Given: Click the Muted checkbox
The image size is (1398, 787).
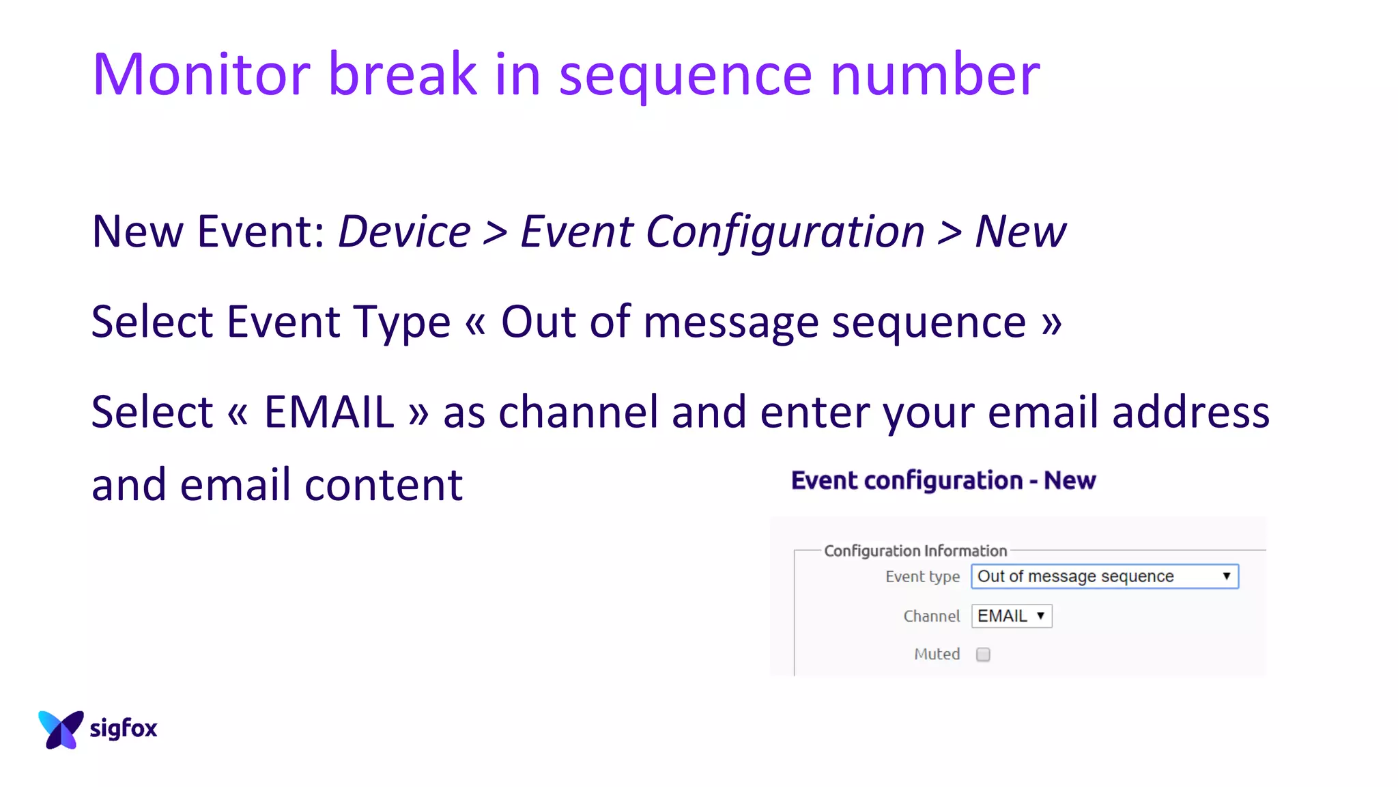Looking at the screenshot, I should [983, 654].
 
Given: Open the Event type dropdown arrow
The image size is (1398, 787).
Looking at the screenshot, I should [1226, 576].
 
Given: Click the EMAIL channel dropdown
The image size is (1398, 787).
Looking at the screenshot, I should [1011, 616].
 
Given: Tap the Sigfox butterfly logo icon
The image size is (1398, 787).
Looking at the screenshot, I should [61, 729].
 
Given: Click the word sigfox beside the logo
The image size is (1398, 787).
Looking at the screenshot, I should [124, 728].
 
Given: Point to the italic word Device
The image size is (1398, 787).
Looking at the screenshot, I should [404, 232].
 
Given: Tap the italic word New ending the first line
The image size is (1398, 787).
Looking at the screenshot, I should [1020, 232].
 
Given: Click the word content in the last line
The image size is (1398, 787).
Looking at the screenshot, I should [384, 484].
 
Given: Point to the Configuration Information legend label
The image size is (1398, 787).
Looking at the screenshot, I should [915, 551].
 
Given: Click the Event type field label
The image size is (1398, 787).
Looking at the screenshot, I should [922, 577].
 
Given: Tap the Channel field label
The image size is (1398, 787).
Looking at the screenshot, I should [931, 616].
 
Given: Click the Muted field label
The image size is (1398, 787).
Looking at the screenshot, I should [937, 654].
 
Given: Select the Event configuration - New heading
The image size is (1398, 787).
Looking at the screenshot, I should [943, 480].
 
